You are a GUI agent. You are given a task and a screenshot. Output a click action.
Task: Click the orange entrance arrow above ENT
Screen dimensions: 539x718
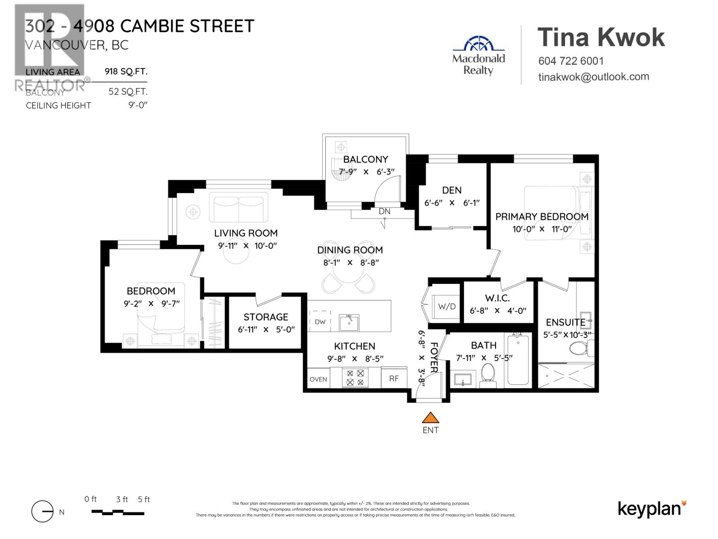[x=430, y=418]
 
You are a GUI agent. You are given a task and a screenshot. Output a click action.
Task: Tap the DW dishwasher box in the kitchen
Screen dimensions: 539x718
[x=320, y=321]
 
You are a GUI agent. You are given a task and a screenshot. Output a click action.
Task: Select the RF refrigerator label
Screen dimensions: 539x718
[x=394, y=379]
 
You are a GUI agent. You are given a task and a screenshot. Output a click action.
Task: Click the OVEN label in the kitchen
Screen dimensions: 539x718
[x=318, y=379]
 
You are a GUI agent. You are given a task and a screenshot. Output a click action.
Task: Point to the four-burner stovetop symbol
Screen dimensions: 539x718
[x=355, y=378]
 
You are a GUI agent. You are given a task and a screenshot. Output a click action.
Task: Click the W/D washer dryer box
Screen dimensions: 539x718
[x=446, y=307]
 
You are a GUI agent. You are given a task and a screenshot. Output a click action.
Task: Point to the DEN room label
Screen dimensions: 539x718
[x=451, y=190]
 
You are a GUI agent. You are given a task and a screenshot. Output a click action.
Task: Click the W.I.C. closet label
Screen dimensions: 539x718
[x=497, y=298]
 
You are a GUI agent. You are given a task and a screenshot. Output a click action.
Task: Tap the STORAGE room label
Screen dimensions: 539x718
[x=266, y=317]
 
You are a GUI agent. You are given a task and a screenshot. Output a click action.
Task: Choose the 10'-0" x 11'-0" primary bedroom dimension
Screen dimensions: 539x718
[x=542, y=229]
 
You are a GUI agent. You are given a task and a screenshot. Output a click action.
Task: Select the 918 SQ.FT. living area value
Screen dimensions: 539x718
[x=126, y=71]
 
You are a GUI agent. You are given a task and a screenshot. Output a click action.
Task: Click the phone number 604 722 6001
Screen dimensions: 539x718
[x=571, y=61]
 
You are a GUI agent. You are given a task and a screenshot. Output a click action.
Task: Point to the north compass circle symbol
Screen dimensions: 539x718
[x=42, y=512]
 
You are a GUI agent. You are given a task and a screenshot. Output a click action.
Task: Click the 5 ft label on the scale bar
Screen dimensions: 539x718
[x=144, y=499]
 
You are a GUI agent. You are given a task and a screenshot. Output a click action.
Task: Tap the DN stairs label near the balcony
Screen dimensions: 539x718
[x=384, y=212]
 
